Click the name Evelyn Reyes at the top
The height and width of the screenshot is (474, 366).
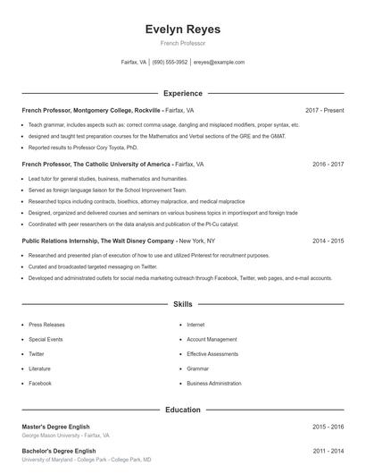coord(183,30)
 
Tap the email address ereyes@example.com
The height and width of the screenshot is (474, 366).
coord(219,63)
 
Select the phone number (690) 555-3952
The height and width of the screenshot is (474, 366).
coord(170,63)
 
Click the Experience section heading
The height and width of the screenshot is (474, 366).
coord(183,93)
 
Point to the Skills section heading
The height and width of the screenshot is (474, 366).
coord(183,304)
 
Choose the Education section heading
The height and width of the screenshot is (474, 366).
coord(183,410)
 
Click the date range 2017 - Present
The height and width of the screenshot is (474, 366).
coord(324,110)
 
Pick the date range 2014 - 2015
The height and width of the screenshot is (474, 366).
coord(329,241)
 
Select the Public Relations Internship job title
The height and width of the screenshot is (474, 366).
coord(98,241)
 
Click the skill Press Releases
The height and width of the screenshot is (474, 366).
coord(47,325)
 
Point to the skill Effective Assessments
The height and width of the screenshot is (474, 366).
coord(212,353)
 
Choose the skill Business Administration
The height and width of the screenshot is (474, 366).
coord(214,383)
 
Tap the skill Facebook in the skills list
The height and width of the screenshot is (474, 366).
coord(40,383)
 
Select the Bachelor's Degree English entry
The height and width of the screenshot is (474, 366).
coord(59,451)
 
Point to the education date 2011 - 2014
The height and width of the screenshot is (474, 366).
coord(329,451)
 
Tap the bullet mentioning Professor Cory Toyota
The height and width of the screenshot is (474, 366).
coord(83,147)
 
